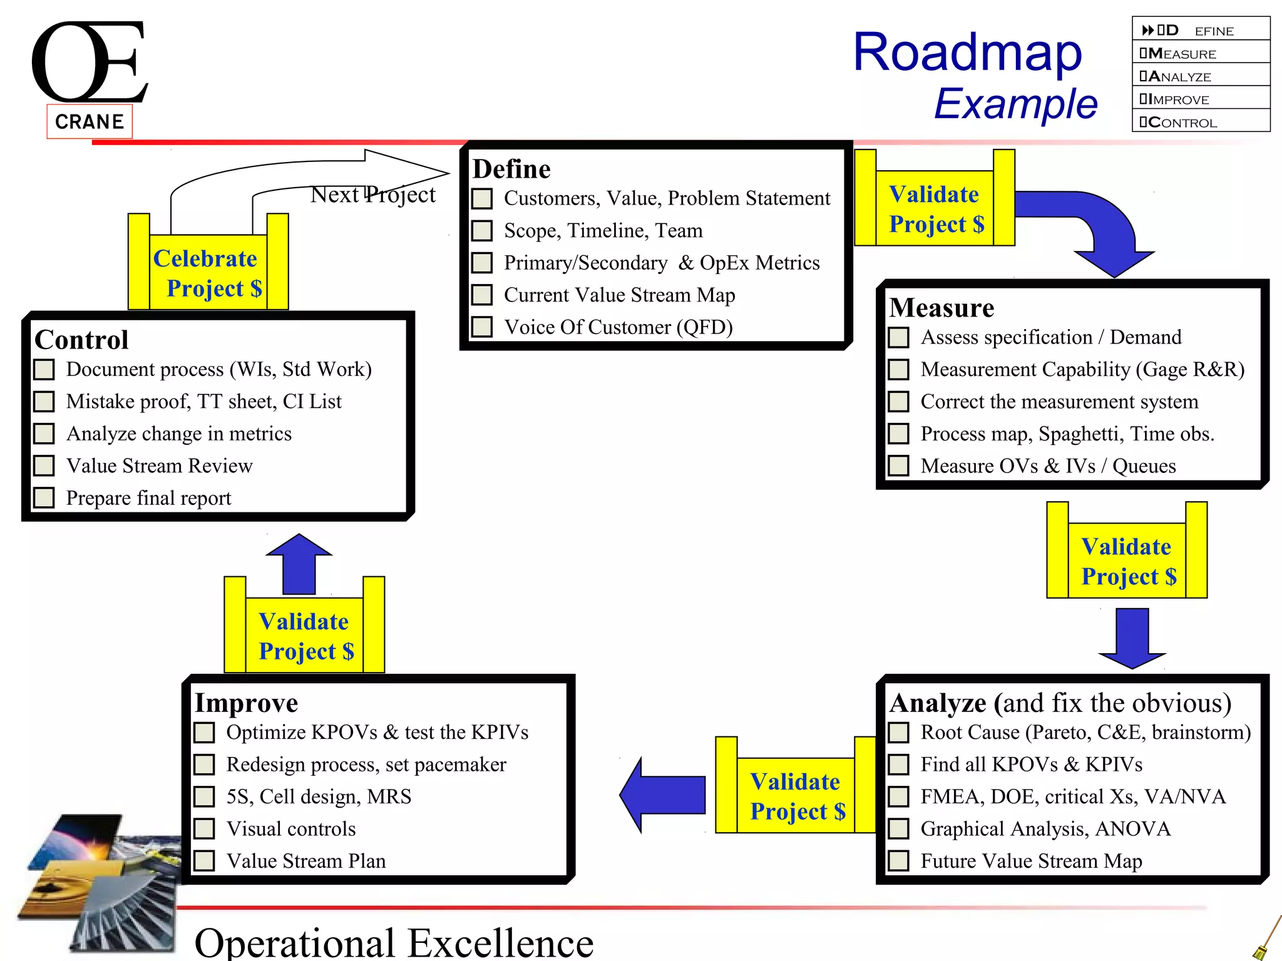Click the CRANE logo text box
[90, 121]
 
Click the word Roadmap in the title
[967, 53]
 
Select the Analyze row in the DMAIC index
[1200, 76]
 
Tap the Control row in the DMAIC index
[1200, 122]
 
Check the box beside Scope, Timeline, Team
[482, 231]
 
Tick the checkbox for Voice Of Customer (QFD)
[482, 327]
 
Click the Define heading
[511, 170]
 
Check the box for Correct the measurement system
[899, 402]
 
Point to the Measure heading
[941, 308]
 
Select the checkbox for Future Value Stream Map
[899, 861]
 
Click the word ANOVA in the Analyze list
[1132, 828]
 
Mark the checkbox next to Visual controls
[204, 829]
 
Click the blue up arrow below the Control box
[299, 563]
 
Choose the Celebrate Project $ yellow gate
[208, 273]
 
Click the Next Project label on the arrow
[372, 195]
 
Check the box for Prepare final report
[44, 498]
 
